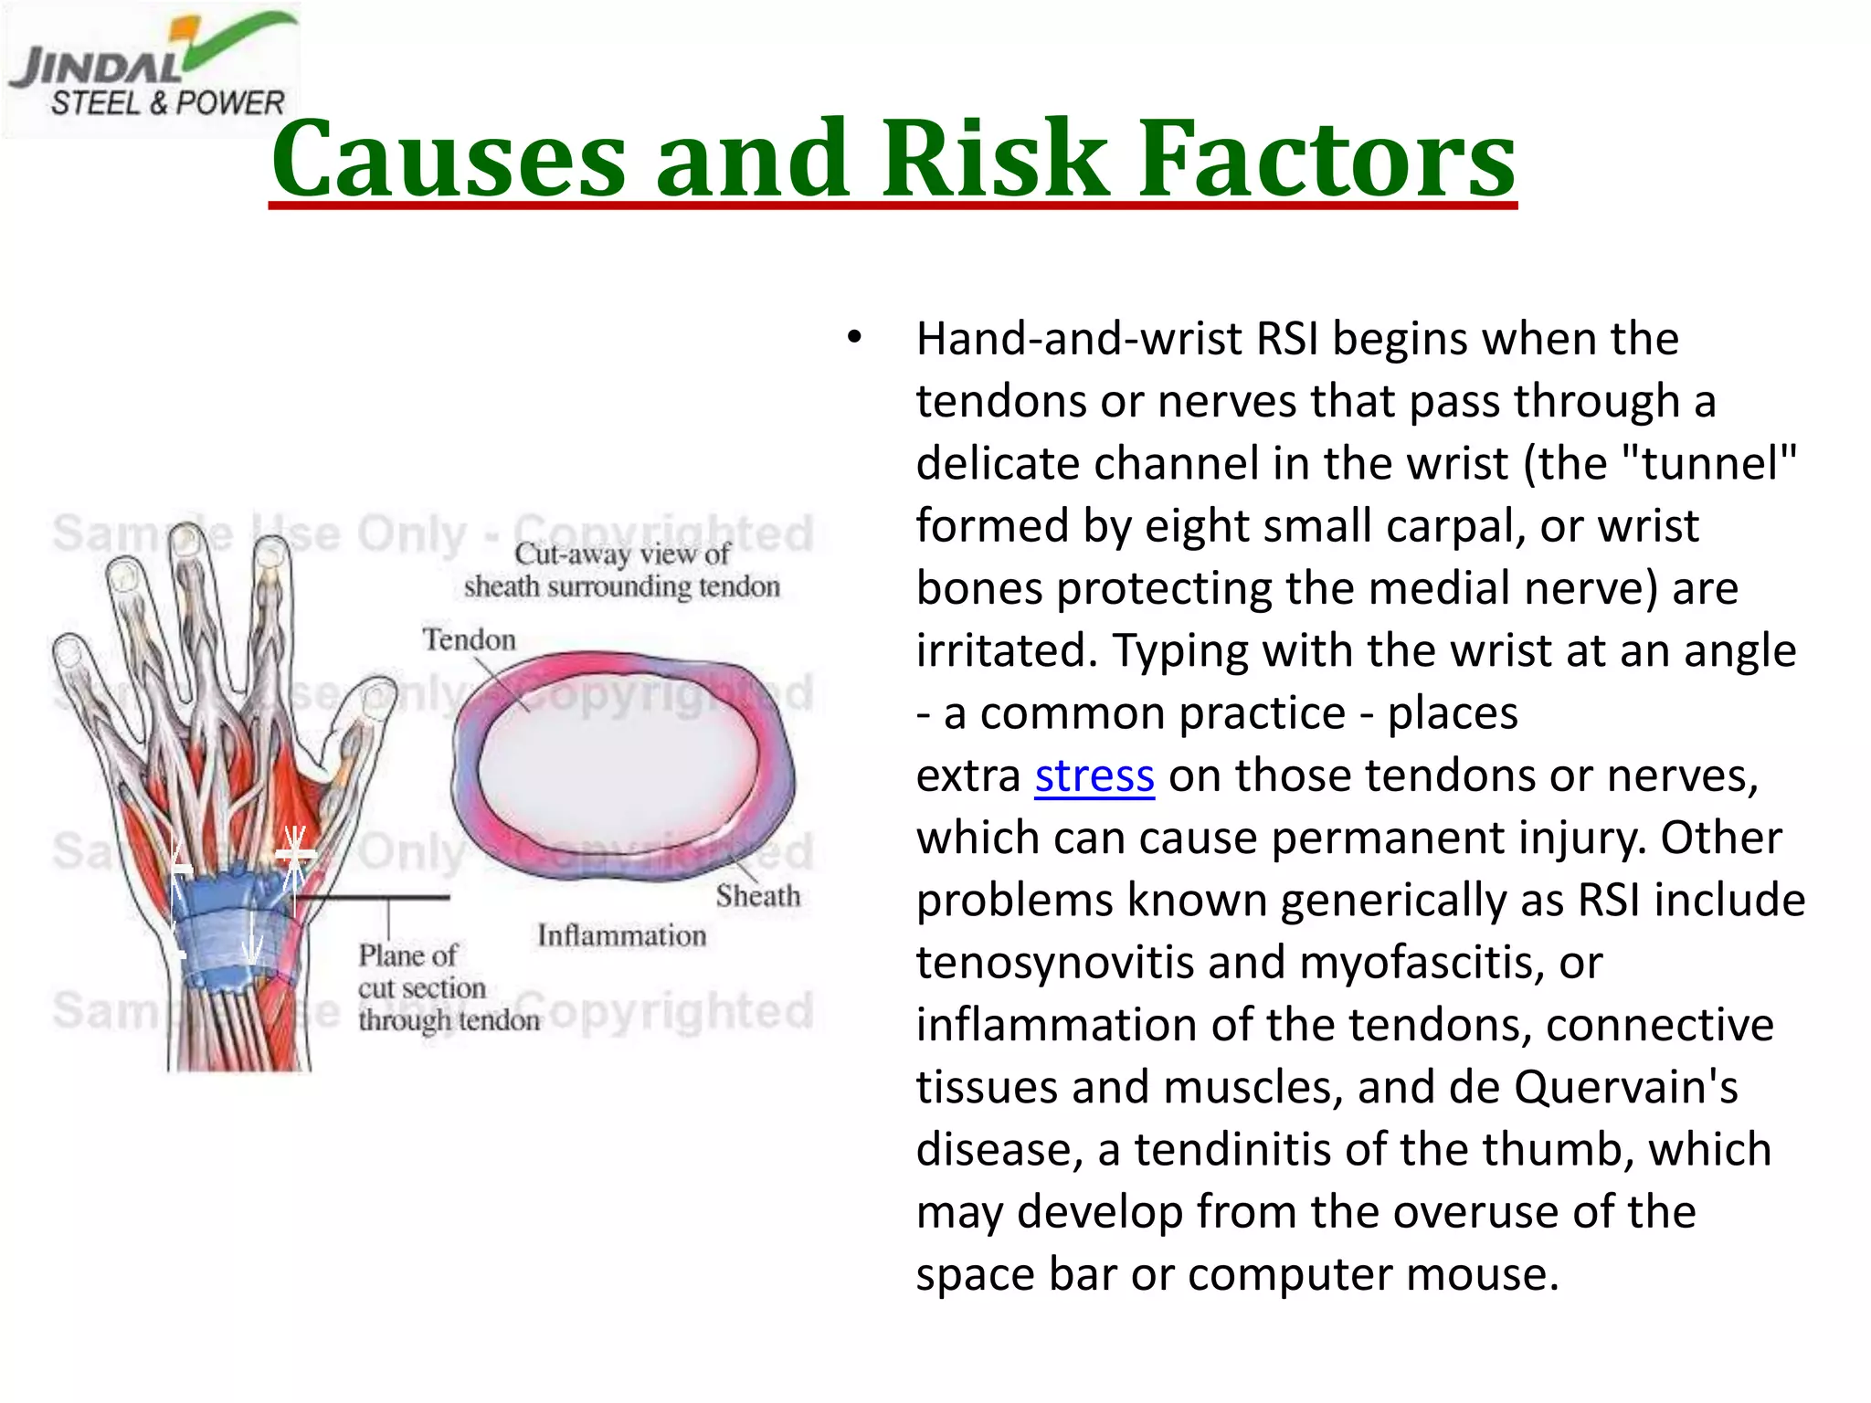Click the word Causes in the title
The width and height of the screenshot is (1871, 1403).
pyautogui.click(x=448, y=159)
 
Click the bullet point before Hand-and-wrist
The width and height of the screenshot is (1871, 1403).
pyautogui.click(x=854, y=338)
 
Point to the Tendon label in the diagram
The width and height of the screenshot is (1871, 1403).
pyautogui.click(x=469, y=639)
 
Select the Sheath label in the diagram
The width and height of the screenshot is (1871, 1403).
pyautogui.click(x=757, y=896)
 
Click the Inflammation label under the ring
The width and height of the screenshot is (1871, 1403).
pyautogui.click(x=621, y=935)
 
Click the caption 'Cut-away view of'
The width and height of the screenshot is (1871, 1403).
pyautogui.click(x=621, y=554)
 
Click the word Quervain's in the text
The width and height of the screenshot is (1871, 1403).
pyautogui.click(x=1625, y=1088)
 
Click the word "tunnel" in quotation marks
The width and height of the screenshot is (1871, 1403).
pyautogui.click(x=1708, y=463)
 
